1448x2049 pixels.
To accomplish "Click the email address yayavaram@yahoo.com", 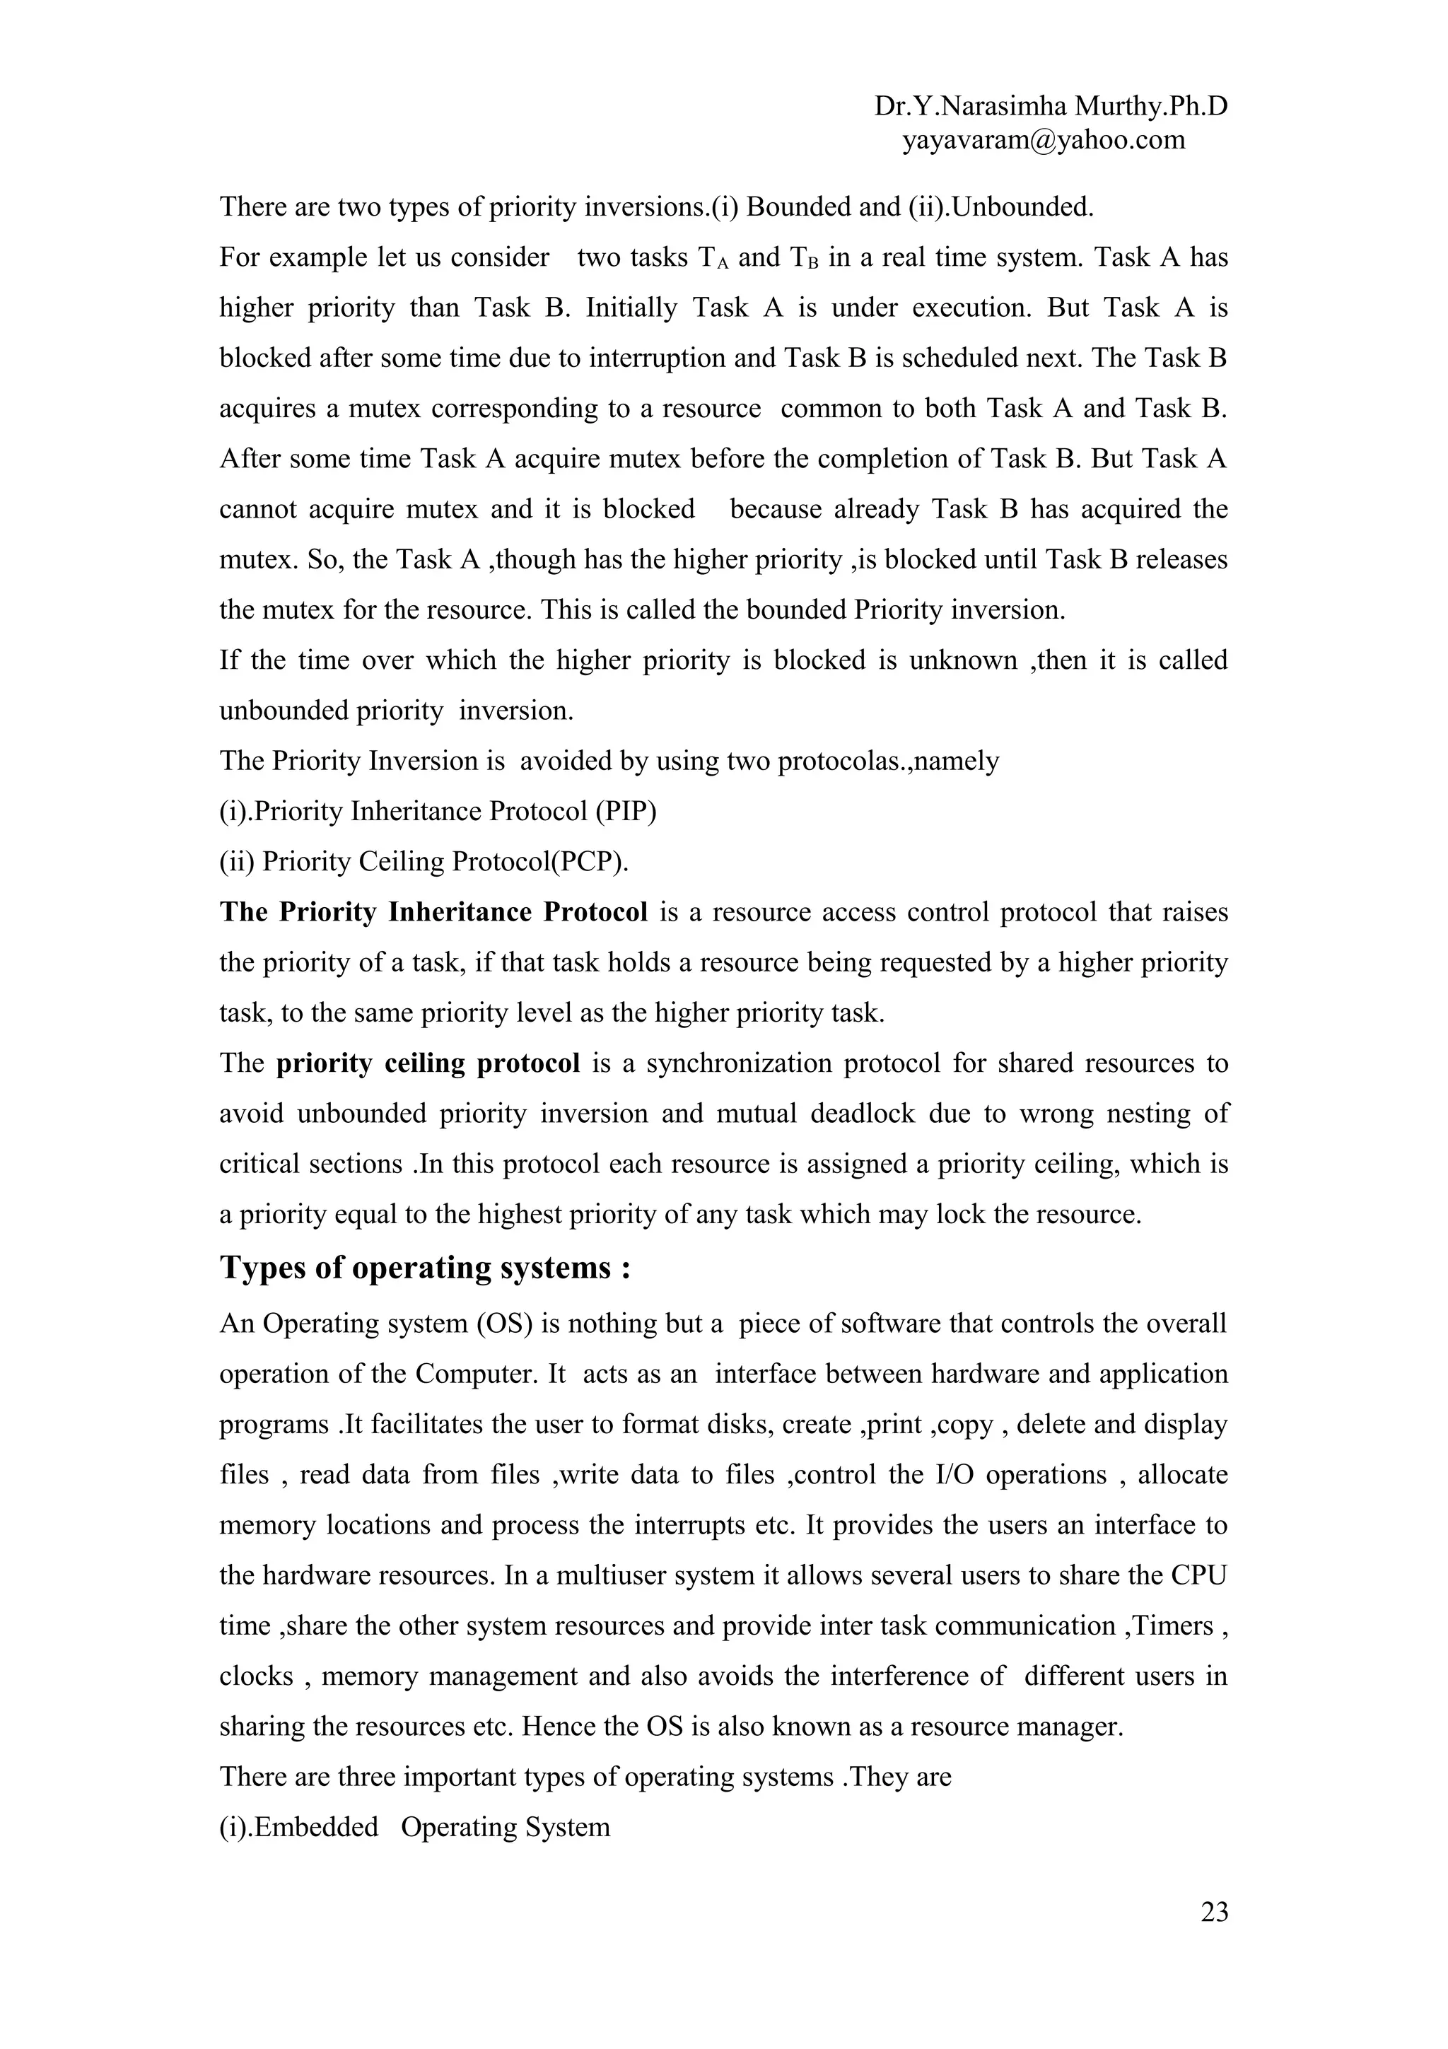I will pyautogui.click(x=1043, y=139).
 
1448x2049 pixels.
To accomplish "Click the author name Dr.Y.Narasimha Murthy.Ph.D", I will pyautogui.click(x=1050, y=106).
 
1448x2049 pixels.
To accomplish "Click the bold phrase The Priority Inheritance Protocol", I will pyautogui.click(x=433, y=912).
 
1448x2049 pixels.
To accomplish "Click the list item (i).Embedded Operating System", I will pyautogui.click(x=415, y=1827).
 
